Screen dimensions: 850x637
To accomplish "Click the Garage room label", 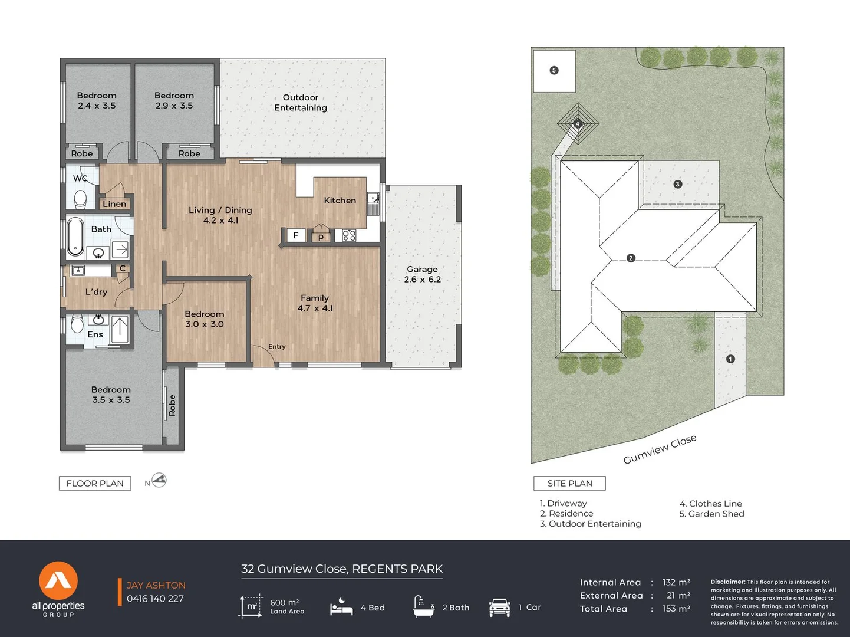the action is click(422, 274).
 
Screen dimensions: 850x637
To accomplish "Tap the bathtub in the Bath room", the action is click(75, 237).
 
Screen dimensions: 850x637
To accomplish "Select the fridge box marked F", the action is click(296, 235).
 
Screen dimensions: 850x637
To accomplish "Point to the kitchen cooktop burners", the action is click(349, 235).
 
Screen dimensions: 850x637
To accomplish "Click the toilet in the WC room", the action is click(80, 199).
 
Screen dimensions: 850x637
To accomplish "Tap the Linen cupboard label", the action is click(114, 204).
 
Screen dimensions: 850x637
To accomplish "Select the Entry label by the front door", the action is click(277, 346).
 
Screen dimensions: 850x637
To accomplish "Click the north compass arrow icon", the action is click(159, 481).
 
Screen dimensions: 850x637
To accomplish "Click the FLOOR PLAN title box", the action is click(95, 483).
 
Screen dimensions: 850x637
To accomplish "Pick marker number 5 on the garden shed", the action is click(554, 71).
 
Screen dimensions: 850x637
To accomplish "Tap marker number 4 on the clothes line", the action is click(578, 124).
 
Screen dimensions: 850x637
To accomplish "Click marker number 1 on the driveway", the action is click(730, 359).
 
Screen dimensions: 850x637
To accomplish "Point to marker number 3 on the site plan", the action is click(677, 184).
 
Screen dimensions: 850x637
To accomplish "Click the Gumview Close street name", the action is click(660, 449).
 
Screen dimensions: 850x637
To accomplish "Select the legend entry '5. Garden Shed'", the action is click(711, 514).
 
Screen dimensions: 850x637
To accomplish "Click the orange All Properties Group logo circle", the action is click(58, 580).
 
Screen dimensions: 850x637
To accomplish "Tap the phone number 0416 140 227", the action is click(155, 599).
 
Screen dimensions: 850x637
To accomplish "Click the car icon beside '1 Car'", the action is click(499, 607).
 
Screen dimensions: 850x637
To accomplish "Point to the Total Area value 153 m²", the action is click(676, 608).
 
